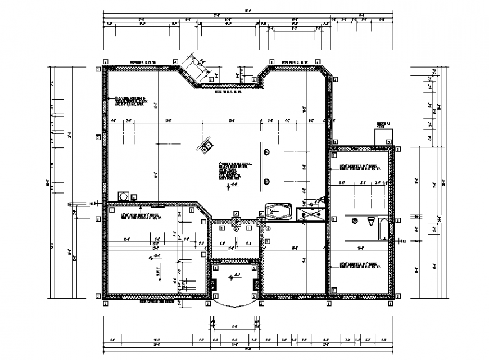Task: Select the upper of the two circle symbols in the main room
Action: click(266, 151)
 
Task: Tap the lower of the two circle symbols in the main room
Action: click(266, 181)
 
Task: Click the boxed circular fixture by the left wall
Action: click(123, 196)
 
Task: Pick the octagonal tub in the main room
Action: click(278, 211)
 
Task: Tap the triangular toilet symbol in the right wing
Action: click(370, 220)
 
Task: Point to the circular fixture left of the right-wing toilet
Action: click(355, 221)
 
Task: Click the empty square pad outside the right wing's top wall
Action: click(384, 135)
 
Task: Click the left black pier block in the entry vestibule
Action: click(214, 284)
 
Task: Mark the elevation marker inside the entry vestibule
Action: click(236, 275)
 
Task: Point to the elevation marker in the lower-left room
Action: click(150, 258)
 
